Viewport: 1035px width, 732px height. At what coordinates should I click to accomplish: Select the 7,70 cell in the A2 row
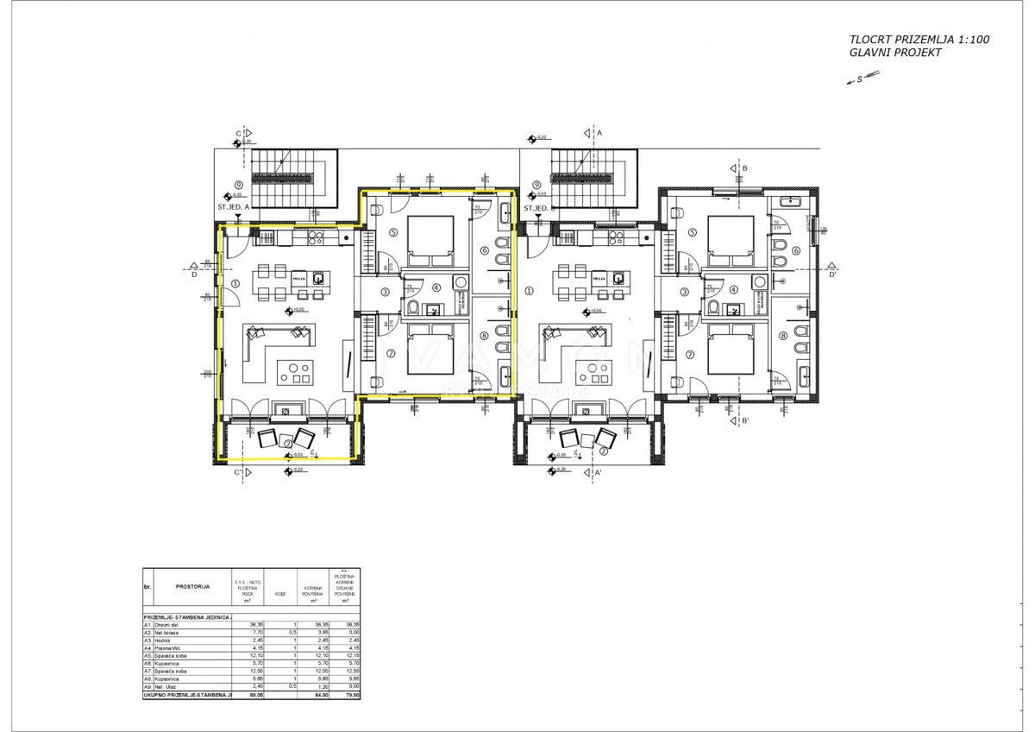click(x=255, y=632)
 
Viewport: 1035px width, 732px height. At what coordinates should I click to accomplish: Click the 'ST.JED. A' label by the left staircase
click(x=234, y=208)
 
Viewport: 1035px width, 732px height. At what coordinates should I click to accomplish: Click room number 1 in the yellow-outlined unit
click(x=235, y=282)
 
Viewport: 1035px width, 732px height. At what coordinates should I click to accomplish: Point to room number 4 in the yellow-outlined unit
click(x=436, y=287)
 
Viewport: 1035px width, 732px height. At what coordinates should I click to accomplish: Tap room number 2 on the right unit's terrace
click(x=605, y=450)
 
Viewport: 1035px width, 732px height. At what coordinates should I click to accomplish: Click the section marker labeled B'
click(x=745, y=421)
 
